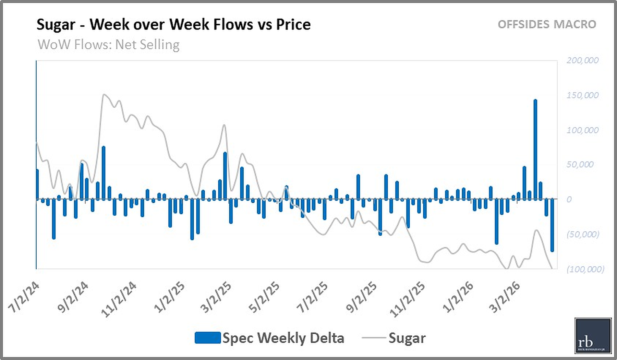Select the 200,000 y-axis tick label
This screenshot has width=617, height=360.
582,60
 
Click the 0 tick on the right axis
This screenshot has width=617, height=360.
569,199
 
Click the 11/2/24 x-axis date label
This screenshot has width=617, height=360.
119,299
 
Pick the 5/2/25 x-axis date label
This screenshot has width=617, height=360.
264,297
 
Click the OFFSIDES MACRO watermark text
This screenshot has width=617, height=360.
547,24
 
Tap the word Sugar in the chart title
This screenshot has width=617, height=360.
56,25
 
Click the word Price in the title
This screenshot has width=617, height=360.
293,24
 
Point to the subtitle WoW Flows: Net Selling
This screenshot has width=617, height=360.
108,45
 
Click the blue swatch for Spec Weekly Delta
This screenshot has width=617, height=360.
207,338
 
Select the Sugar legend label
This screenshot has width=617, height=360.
407,338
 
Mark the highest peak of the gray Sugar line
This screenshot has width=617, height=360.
104,95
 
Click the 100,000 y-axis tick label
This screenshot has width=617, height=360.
582,130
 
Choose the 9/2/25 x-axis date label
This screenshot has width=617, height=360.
361,297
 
